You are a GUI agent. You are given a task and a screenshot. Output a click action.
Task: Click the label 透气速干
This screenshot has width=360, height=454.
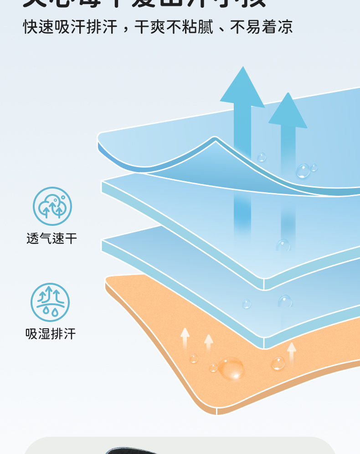click(x=51, y=238)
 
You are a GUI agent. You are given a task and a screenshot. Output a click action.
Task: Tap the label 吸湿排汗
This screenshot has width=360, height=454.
click(x=51, y=334)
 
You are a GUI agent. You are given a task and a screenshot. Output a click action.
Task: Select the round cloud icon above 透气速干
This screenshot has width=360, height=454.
click(x=52, y=206)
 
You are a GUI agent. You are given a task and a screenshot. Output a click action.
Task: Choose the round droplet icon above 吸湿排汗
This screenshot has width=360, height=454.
click(x=50, y=302)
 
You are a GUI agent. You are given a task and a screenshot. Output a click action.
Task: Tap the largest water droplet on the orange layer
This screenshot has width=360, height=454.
click(x=231, y=368)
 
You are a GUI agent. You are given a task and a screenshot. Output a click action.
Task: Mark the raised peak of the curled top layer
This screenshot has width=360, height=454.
click(x=215, y=139)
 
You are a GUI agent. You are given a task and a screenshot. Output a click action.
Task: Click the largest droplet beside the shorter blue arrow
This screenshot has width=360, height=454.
click(x=303, y=171)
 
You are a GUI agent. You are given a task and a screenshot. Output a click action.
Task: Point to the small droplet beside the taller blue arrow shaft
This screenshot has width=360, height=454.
click(x=262, y=158)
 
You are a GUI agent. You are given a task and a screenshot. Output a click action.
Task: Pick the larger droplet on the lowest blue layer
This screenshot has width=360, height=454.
click(x=285, y=301)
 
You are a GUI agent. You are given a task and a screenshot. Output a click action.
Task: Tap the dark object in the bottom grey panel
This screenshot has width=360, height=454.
click(x=132, y=451)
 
